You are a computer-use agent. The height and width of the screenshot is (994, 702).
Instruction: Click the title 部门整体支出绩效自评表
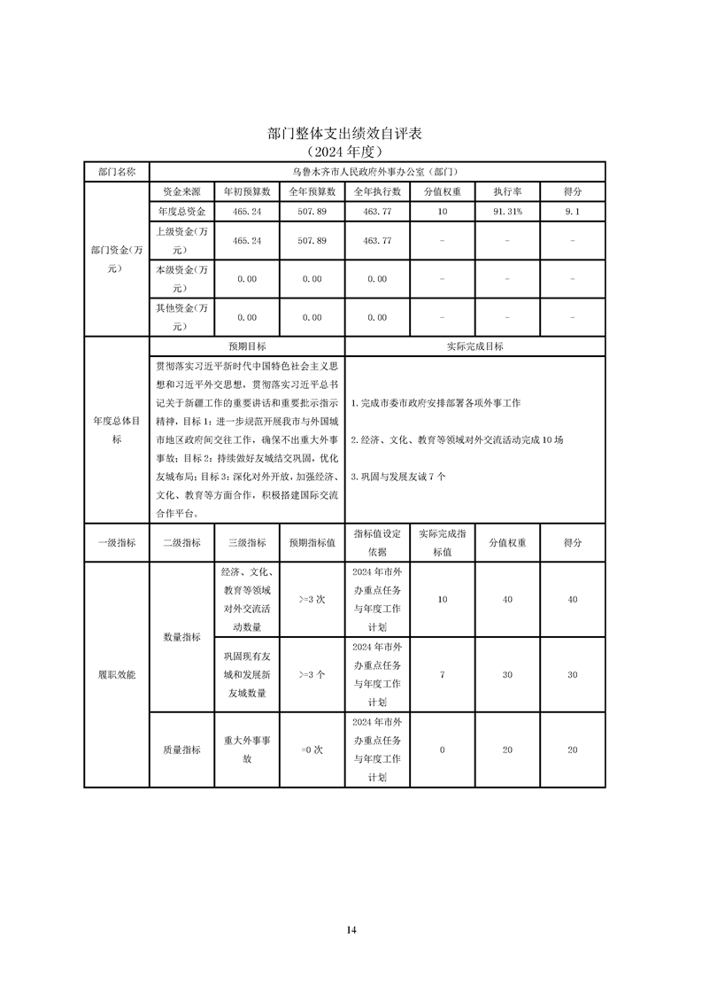345,134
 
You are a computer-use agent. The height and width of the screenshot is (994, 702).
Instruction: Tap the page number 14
351,929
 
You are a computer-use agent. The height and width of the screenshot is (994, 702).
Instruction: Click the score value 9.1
573,213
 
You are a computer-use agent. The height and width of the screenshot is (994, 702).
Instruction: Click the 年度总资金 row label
181,213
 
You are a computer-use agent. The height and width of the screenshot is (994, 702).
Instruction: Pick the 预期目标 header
247,346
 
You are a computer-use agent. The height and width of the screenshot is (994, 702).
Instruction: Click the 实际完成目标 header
475,346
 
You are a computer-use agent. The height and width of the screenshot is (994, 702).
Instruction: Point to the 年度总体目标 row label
116,431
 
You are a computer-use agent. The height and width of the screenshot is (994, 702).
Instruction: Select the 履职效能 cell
116,674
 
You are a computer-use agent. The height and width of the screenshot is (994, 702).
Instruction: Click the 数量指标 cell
181,637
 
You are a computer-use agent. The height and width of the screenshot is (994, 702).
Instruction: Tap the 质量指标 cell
181,749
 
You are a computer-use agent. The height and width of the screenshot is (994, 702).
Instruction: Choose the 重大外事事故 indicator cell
247,749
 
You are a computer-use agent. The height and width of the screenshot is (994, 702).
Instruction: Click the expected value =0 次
312,749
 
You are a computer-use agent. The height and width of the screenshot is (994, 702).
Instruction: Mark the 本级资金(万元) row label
181,278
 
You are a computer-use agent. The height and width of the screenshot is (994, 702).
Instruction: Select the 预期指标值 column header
312,543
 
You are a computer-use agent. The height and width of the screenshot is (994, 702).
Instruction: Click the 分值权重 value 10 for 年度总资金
443,213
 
